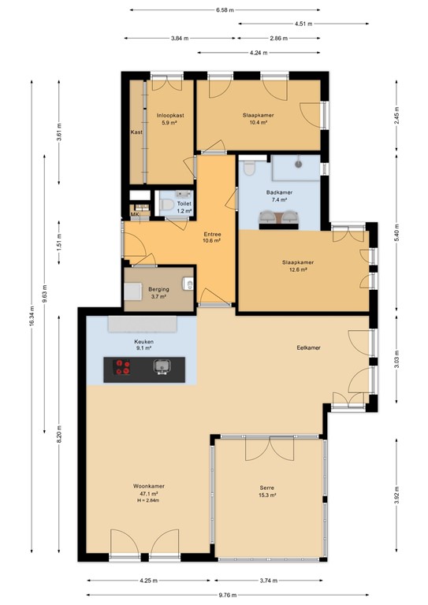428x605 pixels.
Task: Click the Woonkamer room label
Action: [149, 486]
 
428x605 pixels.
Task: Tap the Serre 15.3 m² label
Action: [267, 492]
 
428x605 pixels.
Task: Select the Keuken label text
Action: [144, 342]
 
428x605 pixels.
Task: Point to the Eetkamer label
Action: [309, 347]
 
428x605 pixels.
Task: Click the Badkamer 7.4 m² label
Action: [279, 196]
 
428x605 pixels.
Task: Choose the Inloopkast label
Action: [170, 115]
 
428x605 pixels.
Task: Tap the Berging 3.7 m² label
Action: [158, 293]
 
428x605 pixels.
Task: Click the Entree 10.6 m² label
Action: [212, 237]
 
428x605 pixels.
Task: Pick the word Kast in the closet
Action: [136, 132]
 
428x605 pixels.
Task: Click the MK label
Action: [135, 214]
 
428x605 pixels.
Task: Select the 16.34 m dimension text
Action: [32, 317]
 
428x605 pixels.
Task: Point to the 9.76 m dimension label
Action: [228, 595]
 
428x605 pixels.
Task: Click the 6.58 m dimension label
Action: [225, 10]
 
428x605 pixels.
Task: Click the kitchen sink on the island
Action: [162, 366]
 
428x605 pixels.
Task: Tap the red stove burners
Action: [123, 367]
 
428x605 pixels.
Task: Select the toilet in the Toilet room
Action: [166, 205]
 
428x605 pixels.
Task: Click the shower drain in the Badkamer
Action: [299, 164]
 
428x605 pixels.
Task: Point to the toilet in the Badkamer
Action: [250, 168]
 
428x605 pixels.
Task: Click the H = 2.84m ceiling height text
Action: [149, 500]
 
